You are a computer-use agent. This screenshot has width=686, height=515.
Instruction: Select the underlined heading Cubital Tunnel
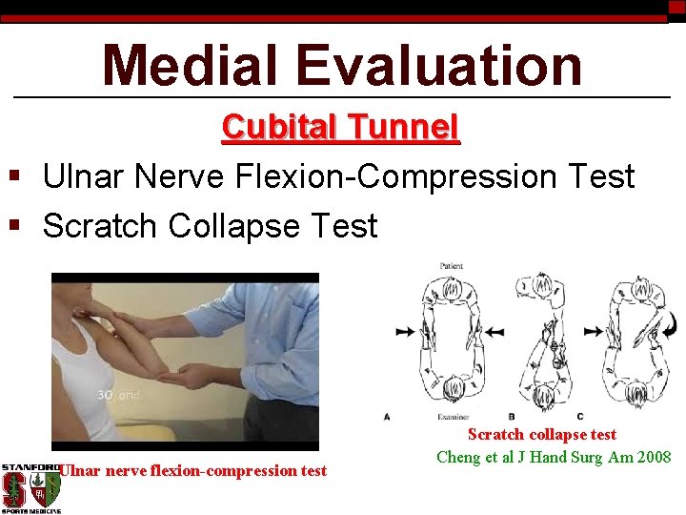click(x=341, y=127)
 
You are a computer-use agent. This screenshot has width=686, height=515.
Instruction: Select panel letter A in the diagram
click(x=387, y=416)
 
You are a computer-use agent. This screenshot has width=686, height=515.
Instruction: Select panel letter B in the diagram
click(x=512, y=416)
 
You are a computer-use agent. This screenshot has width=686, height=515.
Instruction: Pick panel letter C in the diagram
click(x=580, y=416)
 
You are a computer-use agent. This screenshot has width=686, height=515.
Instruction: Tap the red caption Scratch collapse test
click(x=541, y=435)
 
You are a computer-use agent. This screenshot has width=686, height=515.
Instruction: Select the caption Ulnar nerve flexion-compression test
click(x=193, y=470)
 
